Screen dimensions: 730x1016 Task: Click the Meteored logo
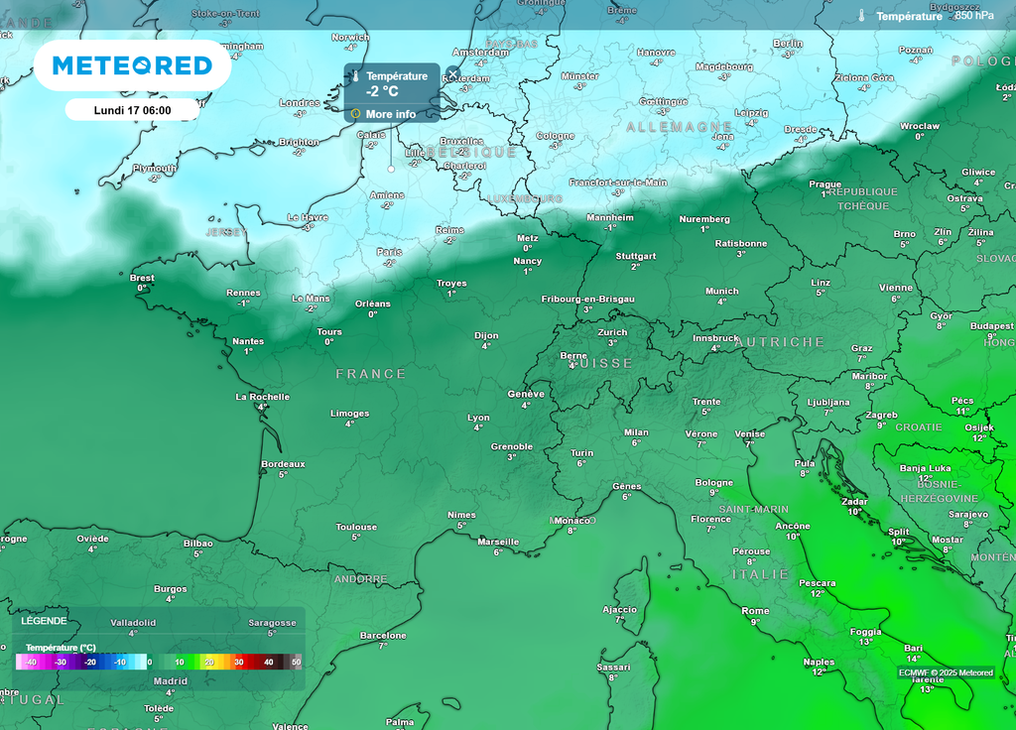click(x=132, y=65)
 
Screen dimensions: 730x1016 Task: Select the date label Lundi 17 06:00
click(x=132, y=110)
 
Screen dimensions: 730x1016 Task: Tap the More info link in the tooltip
click(x=390, y=114)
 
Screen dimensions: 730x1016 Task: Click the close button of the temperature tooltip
click(x=452, y=73)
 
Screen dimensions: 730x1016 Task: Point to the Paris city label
click(x=389, y=252)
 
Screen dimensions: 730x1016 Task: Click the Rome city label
click(x=755, y=611)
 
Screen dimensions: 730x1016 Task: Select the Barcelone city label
click(x=383, y=635)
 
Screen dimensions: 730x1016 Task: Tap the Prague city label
click(x=825, y=183)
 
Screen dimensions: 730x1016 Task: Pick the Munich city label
click(x=721, y=291)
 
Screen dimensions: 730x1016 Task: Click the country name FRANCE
click(x=371, y=374)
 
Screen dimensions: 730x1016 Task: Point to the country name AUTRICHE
click(x=780, y=342)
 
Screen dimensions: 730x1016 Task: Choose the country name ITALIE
click(x=760, y=574)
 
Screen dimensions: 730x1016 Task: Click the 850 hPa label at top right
click(x=973, y=16)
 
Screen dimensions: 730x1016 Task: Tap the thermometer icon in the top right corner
click(x=862, y=16)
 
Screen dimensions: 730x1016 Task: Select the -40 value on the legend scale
click(x=31, y=662)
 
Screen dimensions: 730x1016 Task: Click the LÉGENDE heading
click(x=44, y=621)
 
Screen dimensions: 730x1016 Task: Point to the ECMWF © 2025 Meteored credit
click(x=946, y=672)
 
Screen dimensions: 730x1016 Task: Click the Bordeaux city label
click(x=283, y=463)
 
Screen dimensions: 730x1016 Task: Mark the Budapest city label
click(x=991, y=325)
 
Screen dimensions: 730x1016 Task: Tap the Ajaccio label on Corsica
click(x=619, y=609)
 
